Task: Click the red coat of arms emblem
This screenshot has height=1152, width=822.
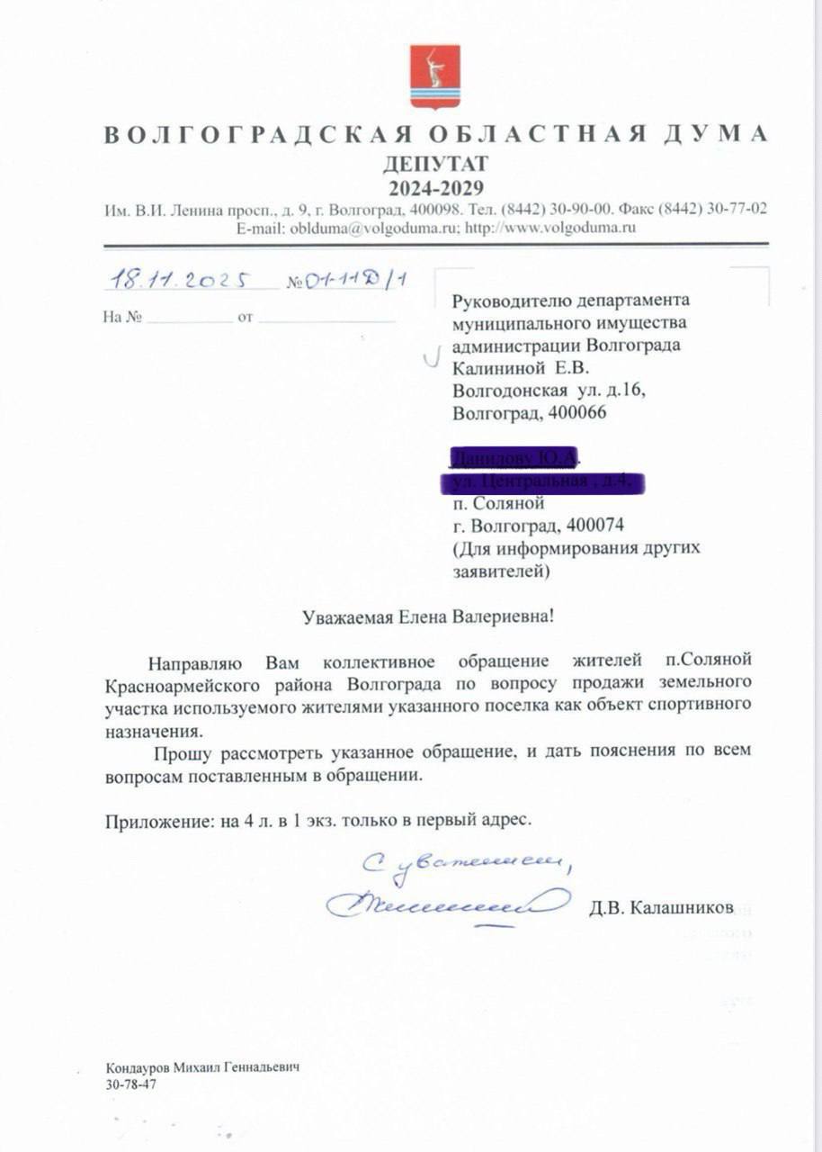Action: tap(435, 76)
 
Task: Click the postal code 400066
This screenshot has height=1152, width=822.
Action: tap(581, 413)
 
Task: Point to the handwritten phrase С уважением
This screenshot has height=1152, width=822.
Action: tap(467, 863)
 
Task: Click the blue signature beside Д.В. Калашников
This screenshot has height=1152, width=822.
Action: tap(447, 902)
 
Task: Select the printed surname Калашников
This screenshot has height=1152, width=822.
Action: tap(683, 905)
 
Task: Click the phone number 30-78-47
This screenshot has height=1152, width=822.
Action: tap(130, 1084)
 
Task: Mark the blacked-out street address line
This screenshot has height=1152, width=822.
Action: tap(542, 482)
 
